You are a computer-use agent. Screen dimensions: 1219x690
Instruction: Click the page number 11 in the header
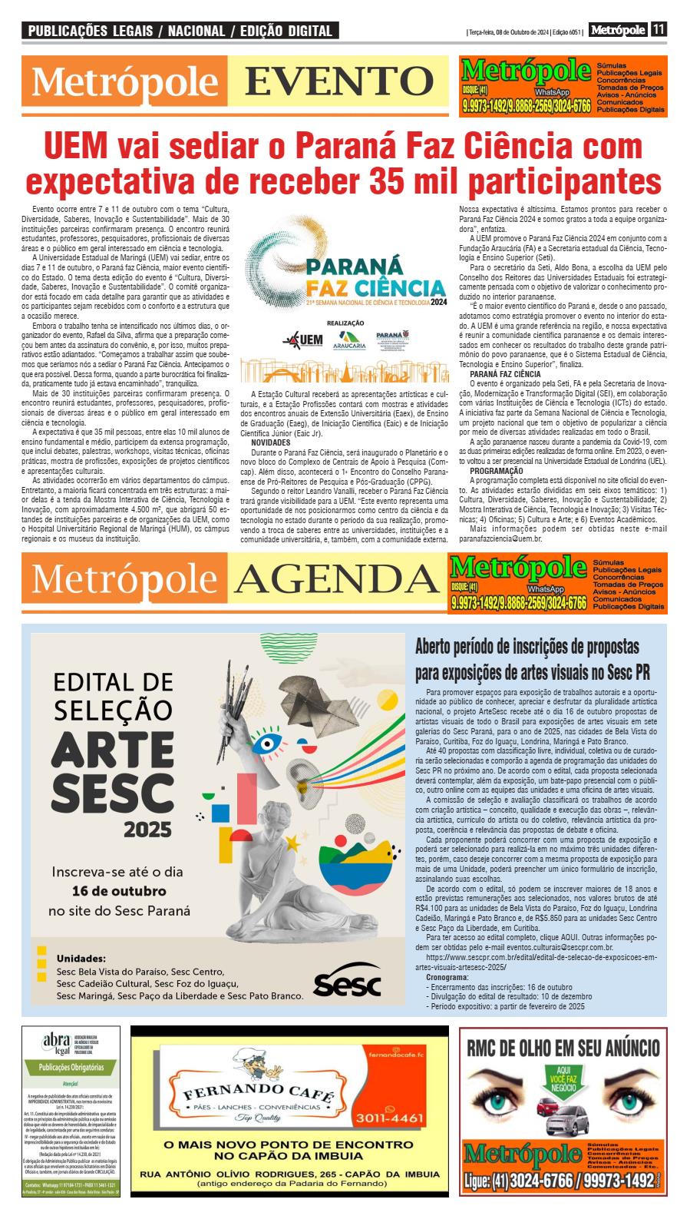click(659, 30)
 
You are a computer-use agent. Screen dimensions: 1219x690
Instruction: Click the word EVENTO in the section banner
click(340, 82)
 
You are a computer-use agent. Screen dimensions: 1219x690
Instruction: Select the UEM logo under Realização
click(302, 340)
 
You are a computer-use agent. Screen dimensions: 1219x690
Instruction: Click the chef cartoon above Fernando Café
click(253, 1065)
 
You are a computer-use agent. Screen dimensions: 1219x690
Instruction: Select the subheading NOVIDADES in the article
click(270, 443)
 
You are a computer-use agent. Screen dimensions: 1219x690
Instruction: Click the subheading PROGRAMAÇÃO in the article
click(497, 470)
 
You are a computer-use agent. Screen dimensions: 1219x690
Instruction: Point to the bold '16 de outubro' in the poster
click(118, 892)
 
